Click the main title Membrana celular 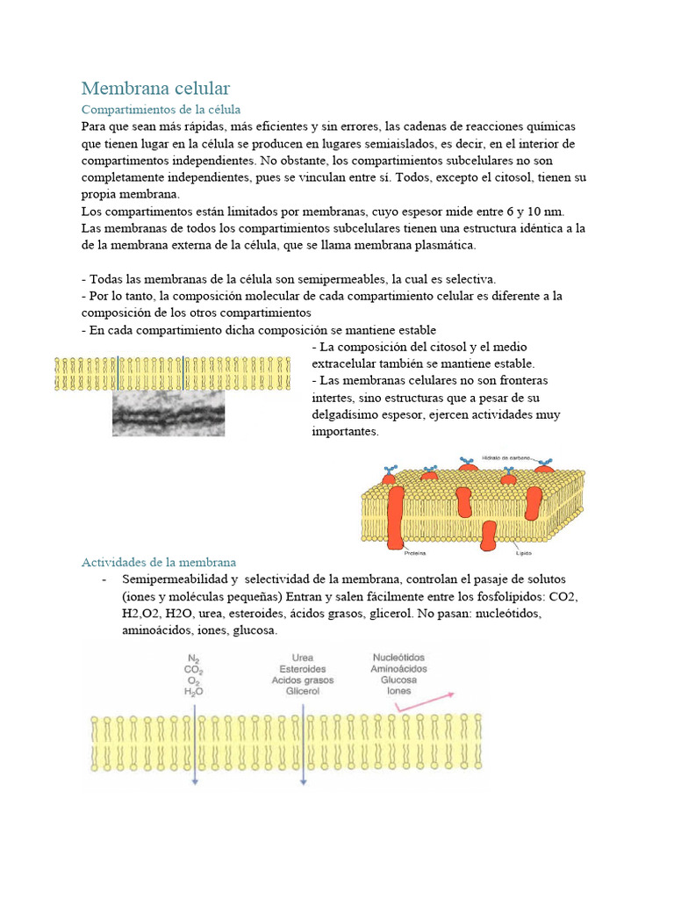pos(155,88)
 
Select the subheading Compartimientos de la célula pos(161,110)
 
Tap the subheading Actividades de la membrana pos(159,562)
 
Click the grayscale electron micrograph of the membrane pos(168,414)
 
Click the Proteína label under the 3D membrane pos(415,554)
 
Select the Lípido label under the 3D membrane pos(521,554)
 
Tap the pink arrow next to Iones pos(424,700)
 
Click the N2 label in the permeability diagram pos(194,658)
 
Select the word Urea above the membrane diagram pos(301,658)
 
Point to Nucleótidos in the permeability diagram pos(399,657)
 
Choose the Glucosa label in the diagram pos(398,680)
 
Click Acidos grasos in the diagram pos(301,680)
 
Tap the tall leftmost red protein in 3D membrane pos(396,514)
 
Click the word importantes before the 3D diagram pos(346,431)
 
